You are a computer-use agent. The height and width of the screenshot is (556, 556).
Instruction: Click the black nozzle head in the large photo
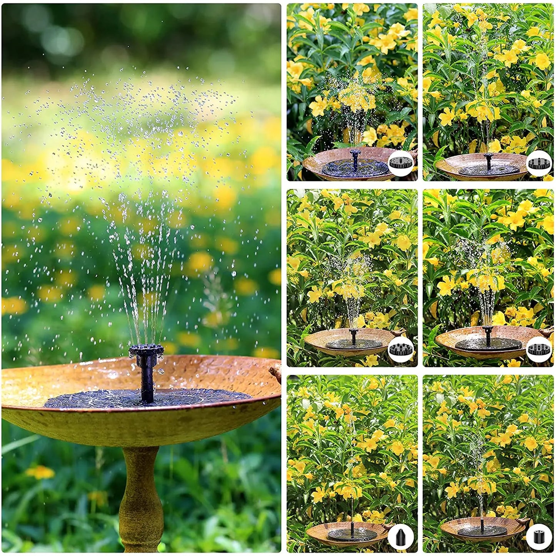146,351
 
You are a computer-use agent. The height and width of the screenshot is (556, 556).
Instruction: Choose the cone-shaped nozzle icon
400,536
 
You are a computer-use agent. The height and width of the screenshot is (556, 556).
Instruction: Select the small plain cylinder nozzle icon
538,536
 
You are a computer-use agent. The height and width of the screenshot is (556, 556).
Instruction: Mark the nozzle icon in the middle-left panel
400,349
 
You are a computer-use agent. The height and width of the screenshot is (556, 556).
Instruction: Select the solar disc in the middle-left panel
353,343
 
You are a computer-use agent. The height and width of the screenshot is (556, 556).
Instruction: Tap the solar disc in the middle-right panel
488,344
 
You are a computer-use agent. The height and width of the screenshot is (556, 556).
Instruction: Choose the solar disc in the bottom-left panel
352,534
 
